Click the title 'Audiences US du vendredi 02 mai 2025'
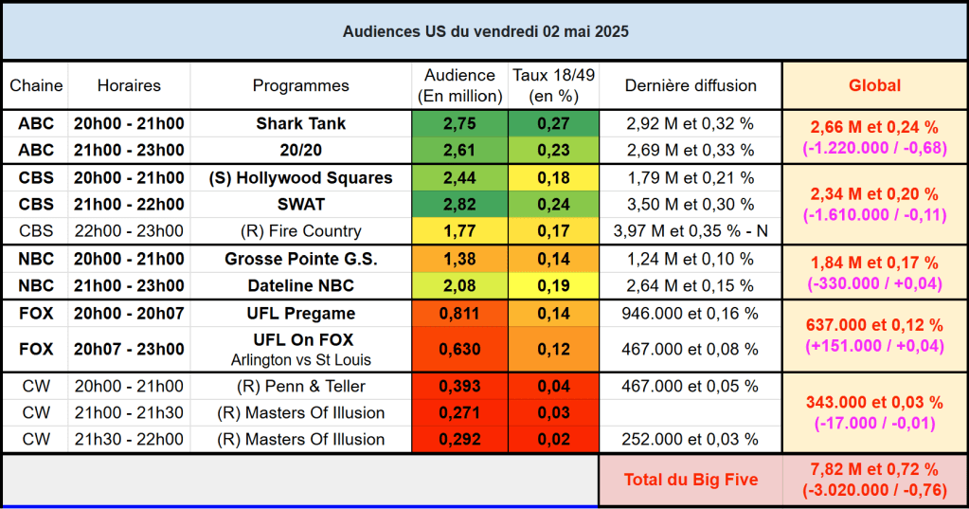coord(485,31)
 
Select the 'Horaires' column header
coord(129,85)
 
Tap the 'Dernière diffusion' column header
coord(691,85)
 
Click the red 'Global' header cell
coord(874,85)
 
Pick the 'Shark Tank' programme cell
coord(300,123)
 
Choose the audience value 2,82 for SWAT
coord(459,204)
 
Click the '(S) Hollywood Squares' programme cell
coord(300,177)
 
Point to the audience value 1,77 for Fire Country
coord(459,230)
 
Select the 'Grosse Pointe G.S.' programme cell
coord(300,259)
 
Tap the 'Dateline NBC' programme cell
coord(300,284)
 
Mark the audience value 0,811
coord(459,313)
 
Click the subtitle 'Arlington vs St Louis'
coord(300,359)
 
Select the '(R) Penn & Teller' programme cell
coord(300,386)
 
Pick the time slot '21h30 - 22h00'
coord(129,439)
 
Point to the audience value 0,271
coord(459,412)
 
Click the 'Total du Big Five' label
coord(691,480)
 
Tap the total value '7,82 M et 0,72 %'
coord(874,469)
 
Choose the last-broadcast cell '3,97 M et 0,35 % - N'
coord(691,230)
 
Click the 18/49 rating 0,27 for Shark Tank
coord(553,123)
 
